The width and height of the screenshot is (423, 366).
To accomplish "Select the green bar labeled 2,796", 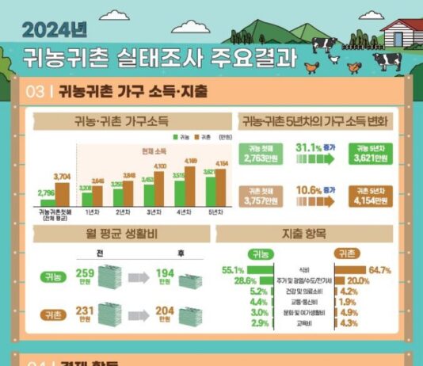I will tap(47, 202).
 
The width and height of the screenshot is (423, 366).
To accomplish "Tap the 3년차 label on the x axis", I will tap(152, 213).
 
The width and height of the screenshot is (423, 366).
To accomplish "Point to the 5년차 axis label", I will tap(212, 213).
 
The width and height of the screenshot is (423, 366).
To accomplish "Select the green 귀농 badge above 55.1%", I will tap(259, 254).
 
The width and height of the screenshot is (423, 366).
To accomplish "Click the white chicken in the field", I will tap(333, 57).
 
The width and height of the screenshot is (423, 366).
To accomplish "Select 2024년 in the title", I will tap(55, 29).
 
